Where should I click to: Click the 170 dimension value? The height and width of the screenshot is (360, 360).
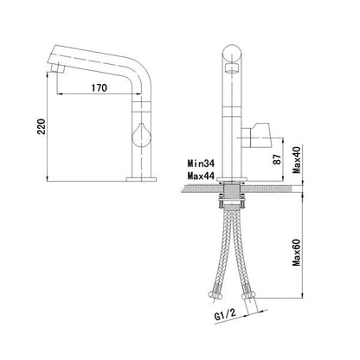(99, 87)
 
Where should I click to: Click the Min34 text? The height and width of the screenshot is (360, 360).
(202, 162)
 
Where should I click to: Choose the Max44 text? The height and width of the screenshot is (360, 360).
(202, 176)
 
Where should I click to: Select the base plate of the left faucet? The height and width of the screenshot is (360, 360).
(142, 179)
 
